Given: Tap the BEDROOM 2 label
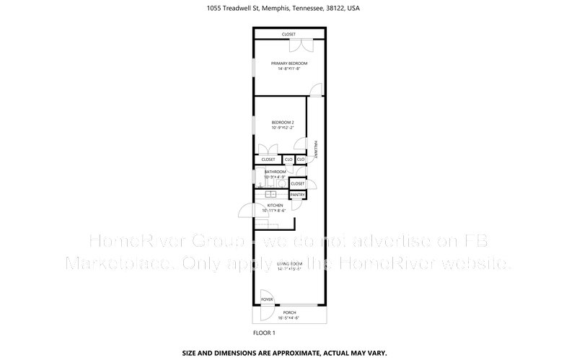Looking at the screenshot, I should [283, 123].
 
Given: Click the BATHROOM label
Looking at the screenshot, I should [275, 172].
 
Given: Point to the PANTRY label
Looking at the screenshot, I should [298, 195].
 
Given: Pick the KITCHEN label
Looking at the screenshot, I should [275, 206].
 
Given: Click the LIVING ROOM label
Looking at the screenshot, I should [288, 265].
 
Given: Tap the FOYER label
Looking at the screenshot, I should [267, 299].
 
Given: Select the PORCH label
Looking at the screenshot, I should [288, 312].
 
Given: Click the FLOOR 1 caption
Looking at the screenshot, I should [264, 333].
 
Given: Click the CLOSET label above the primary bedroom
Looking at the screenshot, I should [288, 34].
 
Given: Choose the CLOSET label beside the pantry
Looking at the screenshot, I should [298, 184].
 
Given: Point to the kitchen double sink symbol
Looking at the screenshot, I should [270, 194].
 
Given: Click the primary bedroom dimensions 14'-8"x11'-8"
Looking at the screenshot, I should [288, 69].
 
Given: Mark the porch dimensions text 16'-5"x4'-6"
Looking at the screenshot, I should [288, 317].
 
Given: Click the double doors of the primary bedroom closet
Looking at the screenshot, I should [300, 45].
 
